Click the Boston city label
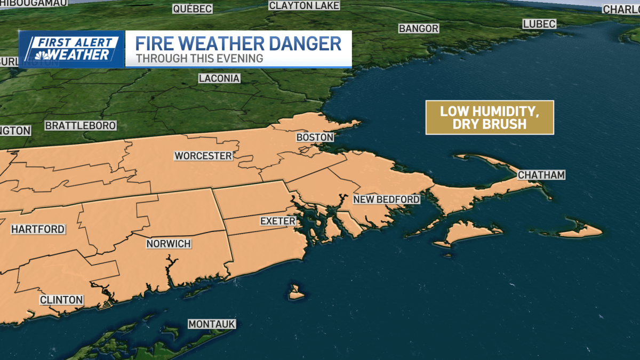pos(315,138)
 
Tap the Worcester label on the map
pos(203,156)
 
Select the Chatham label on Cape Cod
pos(541,175)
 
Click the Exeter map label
pos(277,221)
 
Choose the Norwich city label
pos(169,244)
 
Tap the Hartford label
pos(38,229)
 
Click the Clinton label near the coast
pos(61,300)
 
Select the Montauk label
pos(212,324)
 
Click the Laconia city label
pos(219,78)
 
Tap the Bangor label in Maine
pos(419,28)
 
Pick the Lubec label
pos(539,24)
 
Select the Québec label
pos(193,9)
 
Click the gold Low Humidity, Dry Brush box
pos(490,117)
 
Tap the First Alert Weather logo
pos(71,49)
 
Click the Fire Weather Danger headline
pos(238,43)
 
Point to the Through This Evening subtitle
pos(199,59)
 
